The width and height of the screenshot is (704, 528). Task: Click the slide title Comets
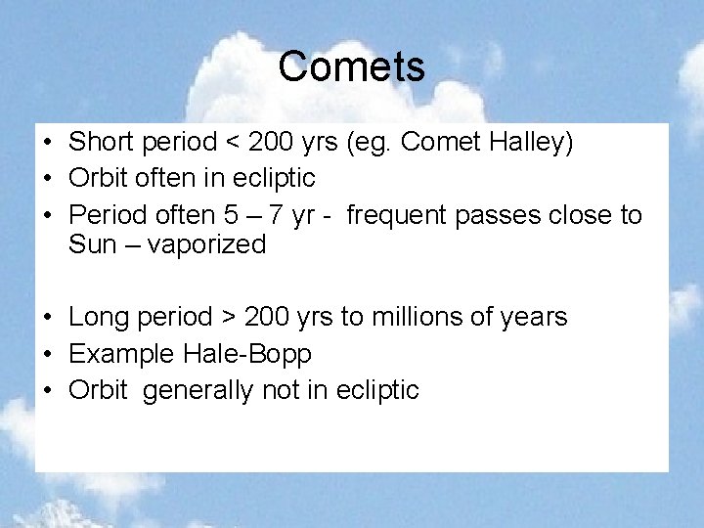tap(351, 66)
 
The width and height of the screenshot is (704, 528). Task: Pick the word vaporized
tap(206, 244)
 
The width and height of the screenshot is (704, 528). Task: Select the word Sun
tap(92, 244)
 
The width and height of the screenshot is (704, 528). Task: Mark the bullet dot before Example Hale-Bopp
tap(47, 354)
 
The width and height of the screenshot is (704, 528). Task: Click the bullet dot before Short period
tap(47, 144)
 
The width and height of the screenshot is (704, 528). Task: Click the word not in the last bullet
tap(282, 390)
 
